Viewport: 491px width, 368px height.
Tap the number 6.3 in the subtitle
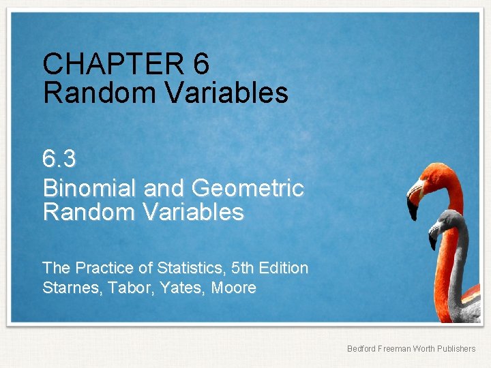pos(59,159)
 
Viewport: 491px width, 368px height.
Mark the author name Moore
pos(234,288)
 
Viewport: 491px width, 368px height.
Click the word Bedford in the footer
pos(361,349)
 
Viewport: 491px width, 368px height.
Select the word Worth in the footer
pos(426,349)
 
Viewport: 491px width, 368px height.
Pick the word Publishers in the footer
pos(458,349)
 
